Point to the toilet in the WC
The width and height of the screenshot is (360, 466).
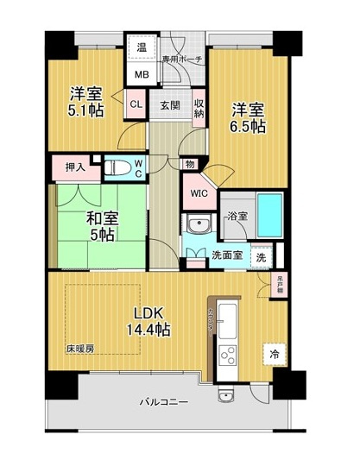117,167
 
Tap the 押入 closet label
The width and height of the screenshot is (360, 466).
75,167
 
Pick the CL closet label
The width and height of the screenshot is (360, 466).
136,106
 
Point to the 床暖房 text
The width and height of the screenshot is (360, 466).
79,349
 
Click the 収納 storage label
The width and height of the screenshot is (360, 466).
199,107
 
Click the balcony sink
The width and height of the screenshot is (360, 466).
226,396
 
